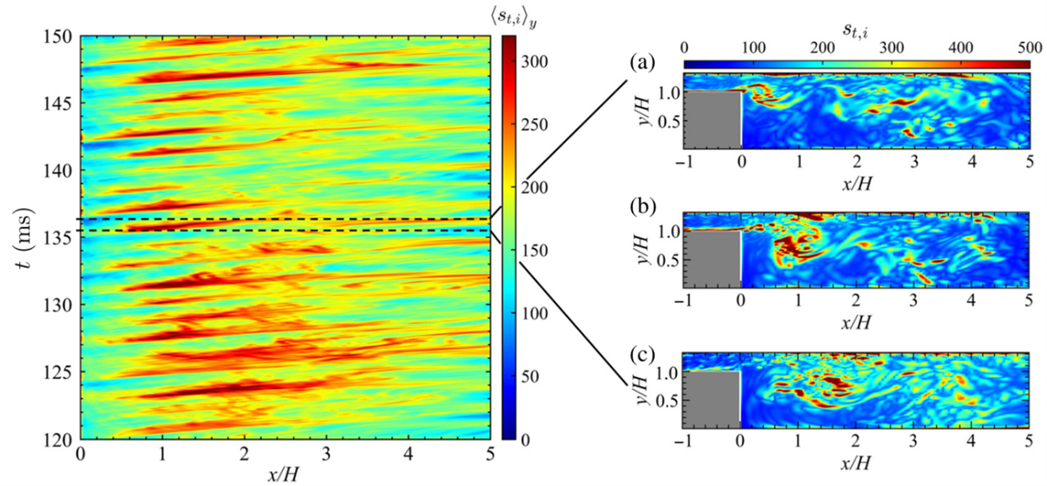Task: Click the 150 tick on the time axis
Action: pos(61,37)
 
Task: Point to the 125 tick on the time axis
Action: pos(61,372)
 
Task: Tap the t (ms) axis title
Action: pos(18,238)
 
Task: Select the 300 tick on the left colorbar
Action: pos(537,62)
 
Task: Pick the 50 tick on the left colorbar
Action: pos(532,376)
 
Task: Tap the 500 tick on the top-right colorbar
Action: pos(1028,46)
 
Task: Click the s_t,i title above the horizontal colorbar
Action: pos(856,27)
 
